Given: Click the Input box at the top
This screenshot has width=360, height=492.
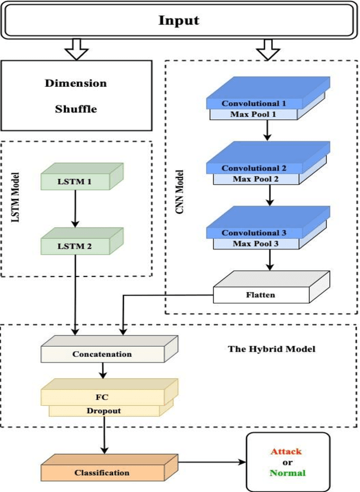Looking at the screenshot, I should click(x=179, y=21).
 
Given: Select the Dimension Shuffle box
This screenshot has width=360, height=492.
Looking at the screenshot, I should click(x=76, y=96).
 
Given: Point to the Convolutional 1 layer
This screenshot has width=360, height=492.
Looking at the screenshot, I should click(x=254, y=104).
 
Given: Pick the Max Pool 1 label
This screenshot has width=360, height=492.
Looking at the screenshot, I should click(x=254, y=115).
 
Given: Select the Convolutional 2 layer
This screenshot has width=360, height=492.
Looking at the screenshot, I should click(x=254, y=168).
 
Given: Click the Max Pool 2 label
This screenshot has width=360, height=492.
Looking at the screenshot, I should click(x=254, y=179).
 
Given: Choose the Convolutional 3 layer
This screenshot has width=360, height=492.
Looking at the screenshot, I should click(x=254, y=232).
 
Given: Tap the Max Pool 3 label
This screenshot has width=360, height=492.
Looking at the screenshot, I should click(x=254, y=243).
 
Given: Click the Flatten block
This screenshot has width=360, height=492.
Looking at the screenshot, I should click(x=256, y=293).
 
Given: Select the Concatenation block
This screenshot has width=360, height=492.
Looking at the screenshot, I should click(x=102, y=354).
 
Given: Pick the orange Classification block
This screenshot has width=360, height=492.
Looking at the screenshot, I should click(x=102, y=472).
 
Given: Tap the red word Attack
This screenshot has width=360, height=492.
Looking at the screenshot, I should click(x=286, y=451).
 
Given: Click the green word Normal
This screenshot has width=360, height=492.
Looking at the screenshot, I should click(x=287, y=473).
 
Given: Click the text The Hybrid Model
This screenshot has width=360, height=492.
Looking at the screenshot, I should click(x=271, y=348).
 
